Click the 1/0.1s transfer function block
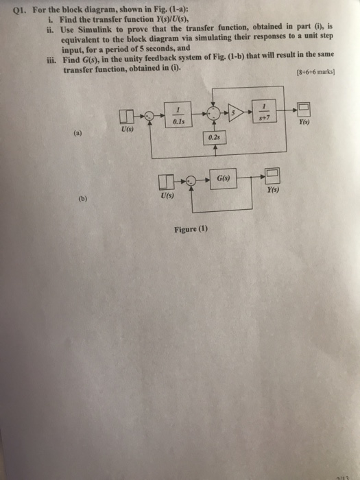tap(178, 114)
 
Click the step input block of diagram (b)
tap(165, 182)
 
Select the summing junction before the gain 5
tap(214, 113)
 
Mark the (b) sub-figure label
tap(84, 200)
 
